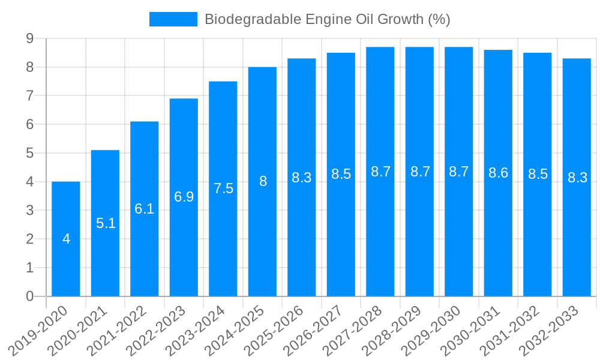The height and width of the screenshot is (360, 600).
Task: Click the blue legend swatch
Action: click(173, 19)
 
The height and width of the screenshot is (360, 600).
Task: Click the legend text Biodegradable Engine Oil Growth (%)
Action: click(327, 19)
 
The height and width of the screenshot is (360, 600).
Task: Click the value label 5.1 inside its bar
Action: click(106, 223)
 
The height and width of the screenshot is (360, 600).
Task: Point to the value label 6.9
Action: click(184, 197)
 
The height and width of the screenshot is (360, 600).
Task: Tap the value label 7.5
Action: click(223, 188)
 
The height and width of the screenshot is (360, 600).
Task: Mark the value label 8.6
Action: click(498, 173)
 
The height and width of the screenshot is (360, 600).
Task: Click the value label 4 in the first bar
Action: click(66, 239)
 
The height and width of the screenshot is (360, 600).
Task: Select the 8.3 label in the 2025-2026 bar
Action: click(301, 178)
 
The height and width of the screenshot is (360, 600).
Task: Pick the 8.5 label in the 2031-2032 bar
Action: click(538, 174)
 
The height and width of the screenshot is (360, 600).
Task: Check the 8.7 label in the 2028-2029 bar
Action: click(420, 172)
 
